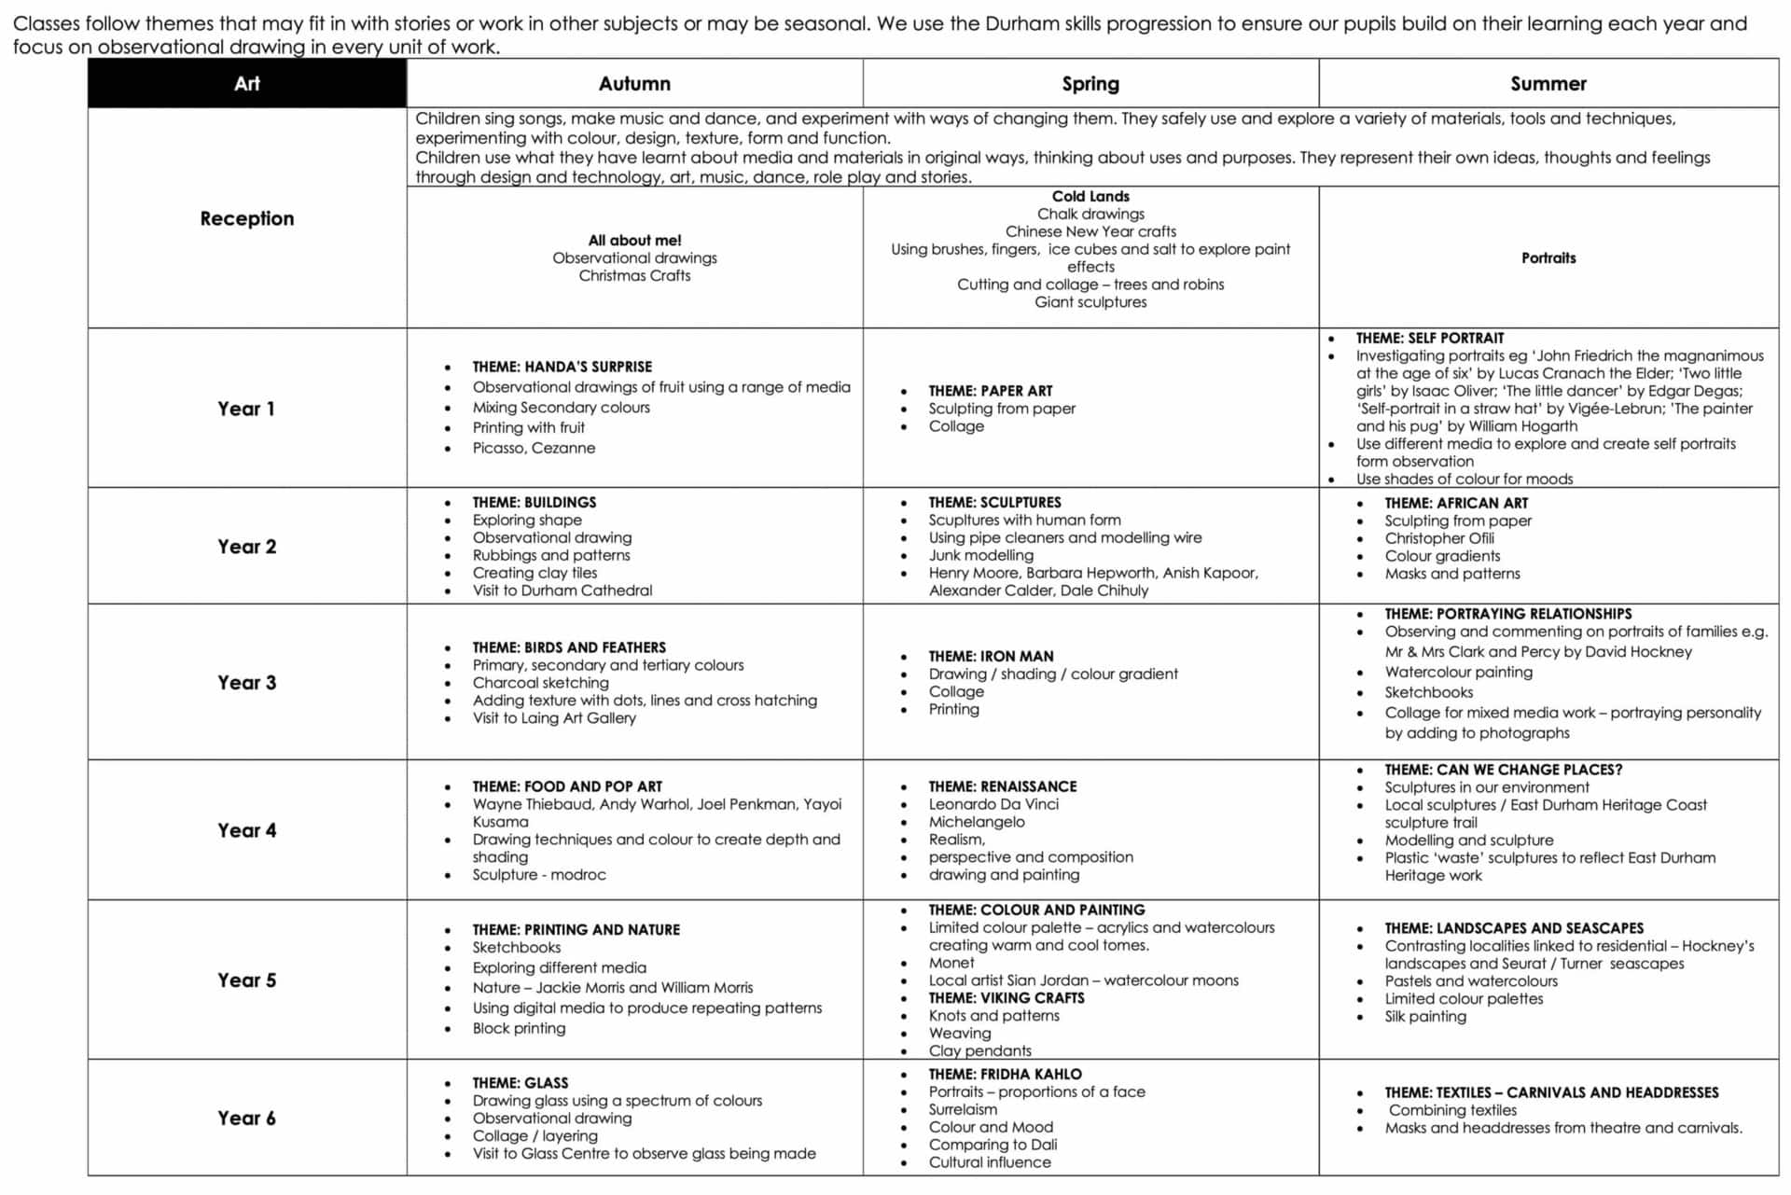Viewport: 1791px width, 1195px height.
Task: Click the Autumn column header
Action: pos(634,84)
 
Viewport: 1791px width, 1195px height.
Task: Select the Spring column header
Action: pos(1090,84)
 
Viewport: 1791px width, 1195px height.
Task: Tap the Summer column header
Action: pos(1548,84)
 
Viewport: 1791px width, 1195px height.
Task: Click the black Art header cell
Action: pos(246,84)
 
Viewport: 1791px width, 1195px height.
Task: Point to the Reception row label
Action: pos(246,218)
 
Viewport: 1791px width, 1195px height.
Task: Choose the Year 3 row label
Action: pos(246,682)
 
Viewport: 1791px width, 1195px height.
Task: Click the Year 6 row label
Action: pos(246,1118)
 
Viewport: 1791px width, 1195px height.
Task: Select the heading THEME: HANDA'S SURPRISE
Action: pos(562,367)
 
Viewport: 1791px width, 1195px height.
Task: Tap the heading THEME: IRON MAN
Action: pos(991,656)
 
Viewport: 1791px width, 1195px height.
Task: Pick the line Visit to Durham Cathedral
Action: pos(562,591)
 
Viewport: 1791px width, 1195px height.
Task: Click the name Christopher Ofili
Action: pos(1438,538)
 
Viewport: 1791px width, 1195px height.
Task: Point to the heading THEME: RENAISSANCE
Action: pos(1002,786)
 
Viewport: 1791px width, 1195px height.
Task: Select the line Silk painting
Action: pos(1424,1016)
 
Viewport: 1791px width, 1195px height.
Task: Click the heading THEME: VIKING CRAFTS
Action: pos(1006,997)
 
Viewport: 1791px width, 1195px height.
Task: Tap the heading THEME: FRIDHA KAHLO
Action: pos(1005,1074)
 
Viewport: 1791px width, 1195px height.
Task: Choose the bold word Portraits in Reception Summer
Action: pos(1548,258)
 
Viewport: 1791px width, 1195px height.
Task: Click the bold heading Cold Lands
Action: pos(1090,196)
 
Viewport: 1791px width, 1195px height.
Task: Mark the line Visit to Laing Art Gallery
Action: pos(553,717)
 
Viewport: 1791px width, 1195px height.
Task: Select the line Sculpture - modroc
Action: pos(538,875)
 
